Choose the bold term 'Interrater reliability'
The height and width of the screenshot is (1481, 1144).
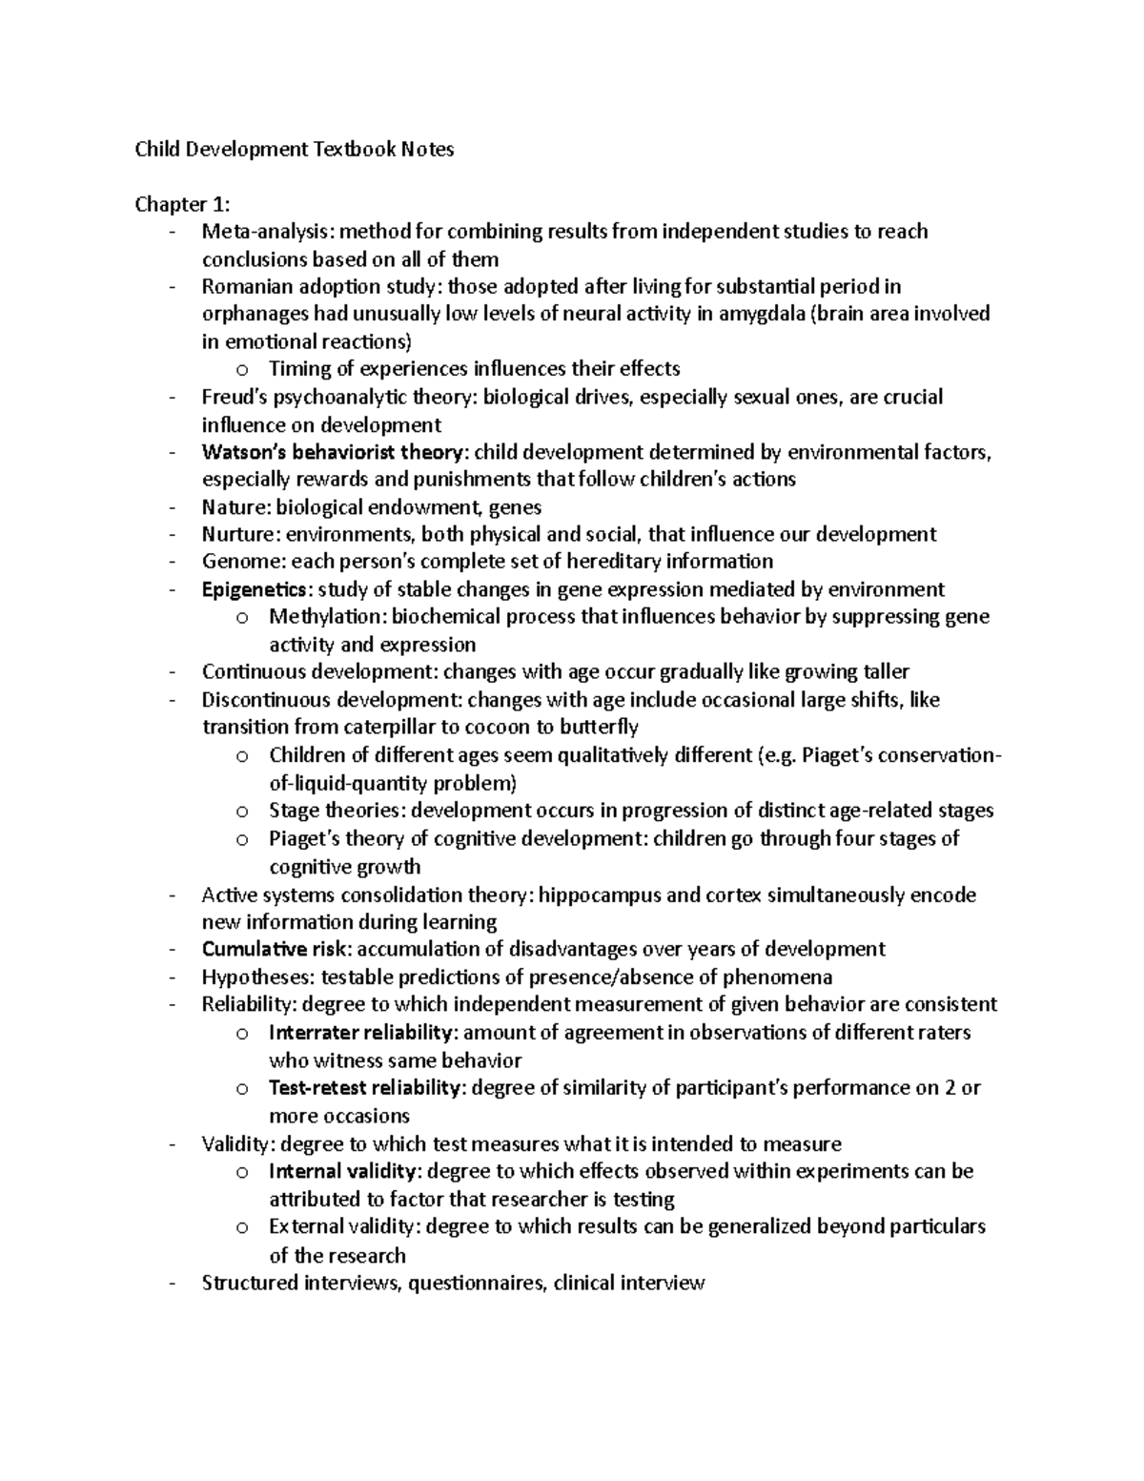pyautogui.click(x=360, y=1033)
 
